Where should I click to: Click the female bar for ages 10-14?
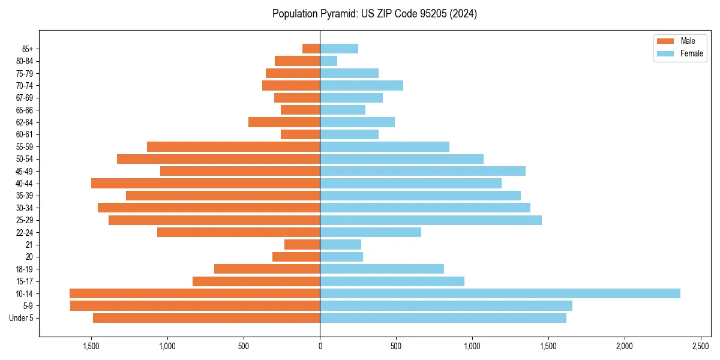click(x=500, y=293)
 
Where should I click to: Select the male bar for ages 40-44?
click(x=205, y=183)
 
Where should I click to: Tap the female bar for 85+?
click(x=339, y=49)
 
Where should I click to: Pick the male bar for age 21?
click(x=302, y=245)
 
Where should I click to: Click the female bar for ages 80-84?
click(x=328, y=61)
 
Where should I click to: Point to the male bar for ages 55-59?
click(x=233, y=146)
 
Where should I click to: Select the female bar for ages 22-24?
click(x=370, y=232)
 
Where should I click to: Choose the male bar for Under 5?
click(x=206, y=318)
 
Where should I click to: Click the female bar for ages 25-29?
click(x=431, y=220)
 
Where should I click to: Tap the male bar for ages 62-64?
click(x=284, y=122)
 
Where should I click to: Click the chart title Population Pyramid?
click(x=374, y=14)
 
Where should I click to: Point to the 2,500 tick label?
click(x=701, y=346)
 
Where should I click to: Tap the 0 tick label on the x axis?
click(x=320, y=346)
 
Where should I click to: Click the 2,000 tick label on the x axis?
click(x=625, y=346)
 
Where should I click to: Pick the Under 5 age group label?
click(x=22, y=318)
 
